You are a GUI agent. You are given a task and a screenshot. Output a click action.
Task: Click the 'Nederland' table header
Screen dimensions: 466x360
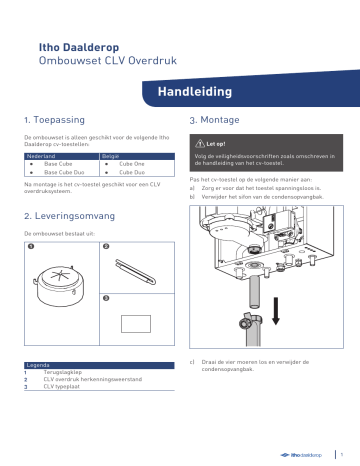[41, 158]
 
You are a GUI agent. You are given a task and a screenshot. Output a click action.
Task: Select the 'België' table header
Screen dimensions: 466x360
[111, 158]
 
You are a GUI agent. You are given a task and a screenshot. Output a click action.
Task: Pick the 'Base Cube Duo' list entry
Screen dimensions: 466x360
[65, 173]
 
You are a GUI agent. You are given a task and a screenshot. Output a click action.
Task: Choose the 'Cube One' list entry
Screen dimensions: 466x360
[132, 166]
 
